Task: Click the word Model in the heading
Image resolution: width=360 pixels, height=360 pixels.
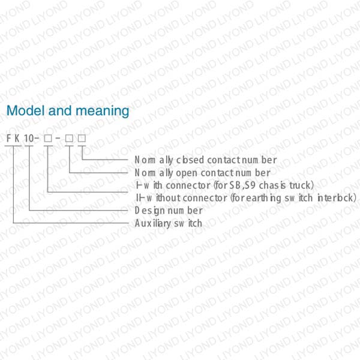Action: (x=23, y=111)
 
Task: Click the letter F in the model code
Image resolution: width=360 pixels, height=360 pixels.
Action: (x=9, y=139)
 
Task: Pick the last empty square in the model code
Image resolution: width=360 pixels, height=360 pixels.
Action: (x=81, y=139)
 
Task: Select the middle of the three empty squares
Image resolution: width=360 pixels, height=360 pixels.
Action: (x=70, y=139)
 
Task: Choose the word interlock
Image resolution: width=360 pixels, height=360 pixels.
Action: (x=337, y=198)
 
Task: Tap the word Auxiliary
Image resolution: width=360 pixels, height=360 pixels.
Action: (x=152, y=223)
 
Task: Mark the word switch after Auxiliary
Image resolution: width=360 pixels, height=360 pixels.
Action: (x=188, y=223)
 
